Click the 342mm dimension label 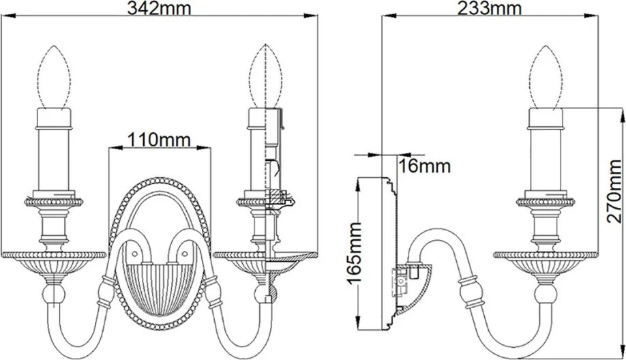coord(159,7)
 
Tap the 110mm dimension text coord(159,140)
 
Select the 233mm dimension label coord(489,7)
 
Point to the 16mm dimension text coord(425,166)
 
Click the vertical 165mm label coord(355,253)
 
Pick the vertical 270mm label coord(614,191)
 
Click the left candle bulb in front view coord(55,77)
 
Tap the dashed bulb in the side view coord(546,77)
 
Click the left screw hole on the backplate coord(134,254)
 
